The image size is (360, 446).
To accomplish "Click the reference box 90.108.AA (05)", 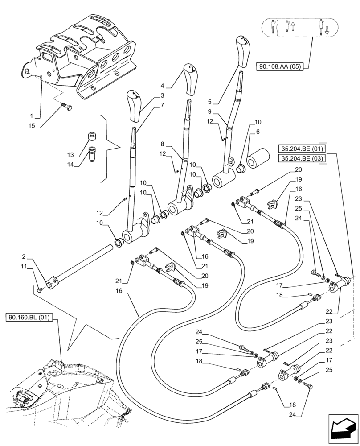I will [279, 67].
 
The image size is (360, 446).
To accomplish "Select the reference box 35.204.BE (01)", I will [303, 149].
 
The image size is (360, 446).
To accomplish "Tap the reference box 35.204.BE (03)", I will [303, 158].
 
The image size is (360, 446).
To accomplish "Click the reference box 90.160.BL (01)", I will [30, 318].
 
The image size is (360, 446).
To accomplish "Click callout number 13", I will [70, 155].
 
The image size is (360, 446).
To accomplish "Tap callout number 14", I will [70, 164].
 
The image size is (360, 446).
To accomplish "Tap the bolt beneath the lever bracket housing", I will [69, 107].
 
